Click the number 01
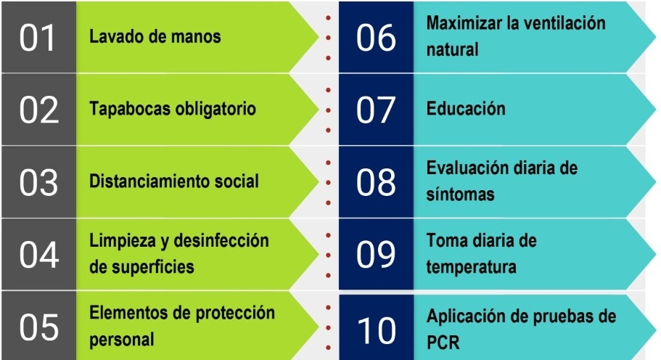pyautogui.click(x=38, y=37)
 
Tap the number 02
pyautogui.click(x=38, y=110)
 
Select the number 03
pyautogui.click(x=38, y=182)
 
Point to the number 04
pyautogui.click(x=38, y=255)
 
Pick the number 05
pyautogui.click(x=38, y=327)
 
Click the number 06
pyautogui.click(x=377, y=37)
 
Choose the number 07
pyautogui.click(x=377, y=110)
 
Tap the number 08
pyautogui.click(x=377, y=182)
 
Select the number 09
pyautogui.click(x=377, y=255)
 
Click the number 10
pyautogui.click(x=377, y=330)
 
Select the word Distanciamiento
pyautogui.click(x=139, y=181)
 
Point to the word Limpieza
pyautogui.click(x=118, y=240)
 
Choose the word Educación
pyautogui.click(x=466, y=110)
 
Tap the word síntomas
pyautogui.click(x=460, y=195)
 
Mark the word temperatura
pyautogui.click(x=471, y=267)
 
